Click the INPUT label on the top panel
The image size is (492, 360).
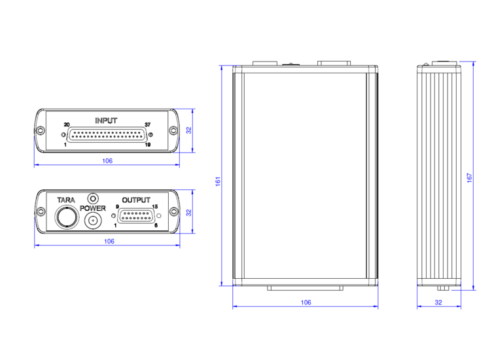106,120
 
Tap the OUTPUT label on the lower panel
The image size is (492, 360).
136,200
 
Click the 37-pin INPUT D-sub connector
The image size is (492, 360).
108,135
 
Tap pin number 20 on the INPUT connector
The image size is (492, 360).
67,124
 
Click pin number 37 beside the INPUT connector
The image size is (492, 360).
148,124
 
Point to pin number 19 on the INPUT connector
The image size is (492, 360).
148,145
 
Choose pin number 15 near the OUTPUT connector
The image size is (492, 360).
154,207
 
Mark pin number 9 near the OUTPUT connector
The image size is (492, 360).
117,207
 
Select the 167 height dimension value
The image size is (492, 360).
469,177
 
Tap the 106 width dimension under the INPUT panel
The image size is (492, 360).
107,161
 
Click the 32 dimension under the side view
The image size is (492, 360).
438,302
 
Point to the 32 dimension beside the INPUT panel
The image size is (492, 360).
188,130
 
